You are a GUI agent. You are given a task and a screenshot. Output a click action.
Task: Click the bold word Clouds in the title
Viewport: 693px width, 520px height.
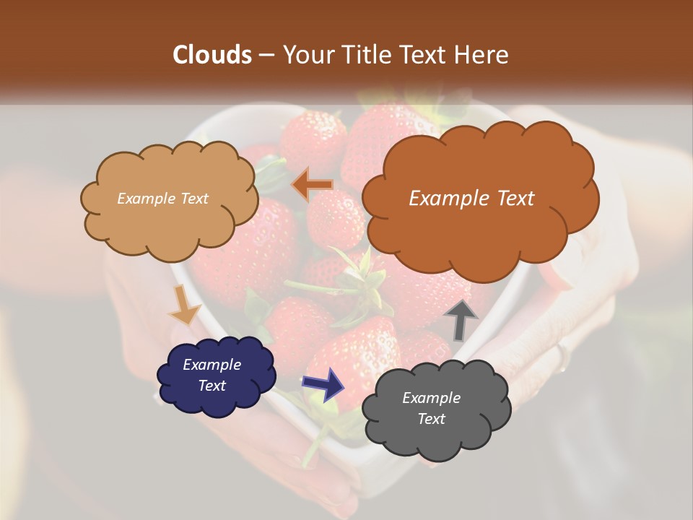(212, 55)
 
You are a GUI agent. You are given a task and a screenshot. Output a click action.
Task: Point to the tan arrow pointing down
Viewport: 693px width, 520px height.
(184, 306)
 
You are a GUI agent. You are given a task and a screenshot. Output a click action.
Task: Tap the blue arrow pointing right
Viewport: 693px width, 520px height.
(323, 383)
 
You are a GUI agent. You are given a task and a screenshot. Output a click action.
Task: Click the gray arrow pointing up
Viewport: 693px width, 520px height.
(461, 320)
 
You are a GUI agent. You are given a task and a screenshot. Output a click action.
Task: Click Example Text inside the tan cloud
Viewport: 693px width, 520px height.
(162, 199)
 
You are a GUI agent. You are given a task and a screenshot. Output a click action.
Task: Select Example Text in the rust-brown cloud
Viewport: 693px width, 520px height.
(472, 199)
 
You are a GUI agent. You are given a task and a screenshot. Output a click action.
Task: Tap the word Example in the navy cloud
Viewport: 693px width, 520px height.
(212, 365)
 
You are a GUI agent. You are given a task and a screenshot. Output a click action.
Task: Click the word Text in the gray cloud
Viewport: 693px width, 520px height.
(432, 419)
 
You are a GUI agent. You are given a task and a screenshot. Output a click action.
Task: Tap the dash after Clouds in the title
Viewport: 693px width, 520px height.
(266, 55)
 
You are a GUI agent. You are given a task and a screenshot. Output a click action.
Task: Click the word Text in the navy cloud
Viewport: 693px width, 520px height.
(212, 386)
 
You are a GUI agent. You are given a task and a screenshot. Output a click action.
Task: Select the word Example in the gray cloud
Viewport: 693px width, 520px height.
(432, 398)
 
